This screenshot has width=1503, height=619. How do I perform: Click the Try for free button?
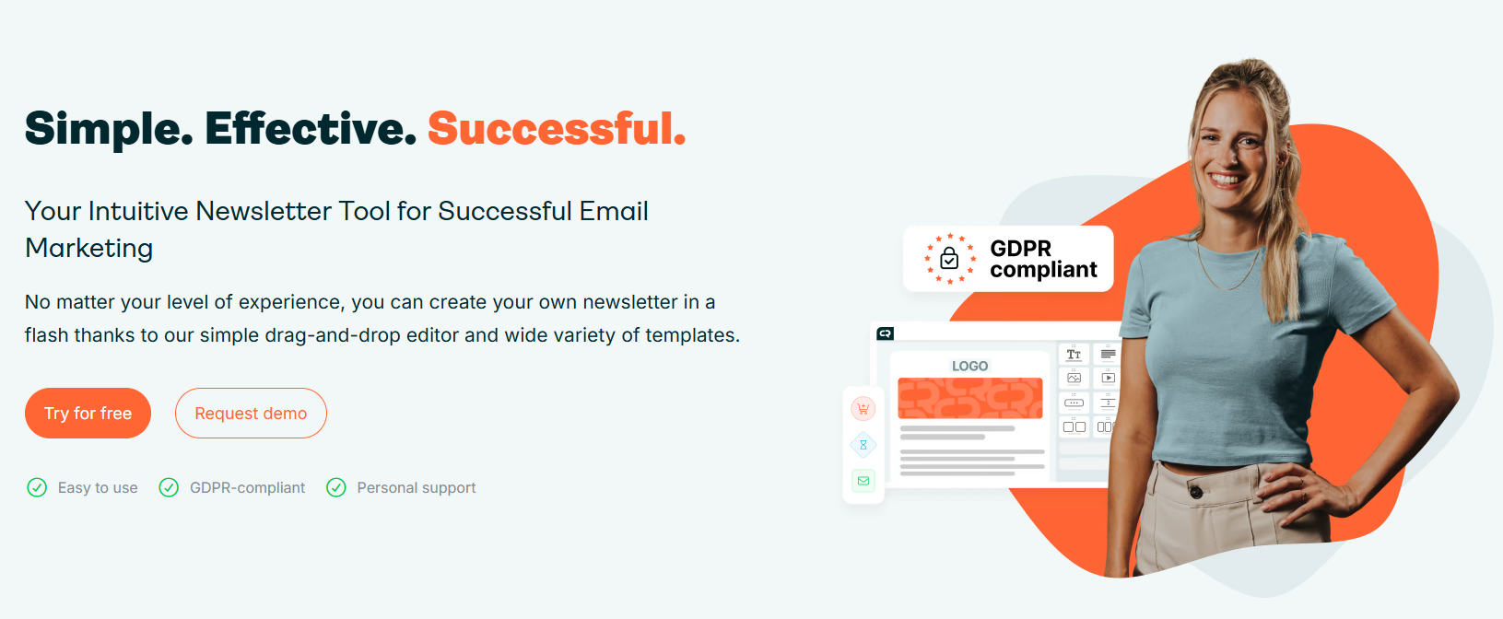[88, 413]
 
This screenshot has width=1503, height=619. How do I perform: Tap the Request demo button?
[251, 413]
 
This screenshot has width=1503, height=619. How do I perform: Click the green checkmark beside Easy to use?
[37, 487]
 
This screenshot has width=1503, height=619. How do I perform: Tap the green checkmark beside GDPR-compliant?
[169, 487]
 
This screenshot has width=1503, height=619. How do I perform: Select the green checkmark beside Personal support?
[336, 487]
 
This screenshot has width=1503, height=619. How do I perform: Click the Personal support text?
[416, 487]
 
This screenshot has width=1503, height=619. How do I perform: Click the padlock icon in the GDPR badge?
[949, 258]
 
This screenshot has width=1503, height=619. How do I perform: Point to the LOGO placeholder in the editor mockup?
[969, 366]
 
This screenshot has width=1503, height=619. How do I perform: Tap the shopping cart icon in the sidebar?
[863, 408]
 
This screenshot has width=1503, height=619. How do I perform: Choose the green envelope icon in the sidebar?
[863, 481]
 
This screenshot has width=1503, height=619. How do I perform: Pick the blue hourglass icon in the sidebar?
[863, 445]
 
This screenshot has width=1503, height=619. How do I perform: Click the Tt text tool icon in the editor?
[1074, 354]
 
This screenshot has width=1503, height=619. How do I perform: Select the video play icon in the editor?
[1108, 379]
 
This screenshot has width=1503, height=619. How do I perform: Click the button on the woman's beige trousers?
[1196, 493]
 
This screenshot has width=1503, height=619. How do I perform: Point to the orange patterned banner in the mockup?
[970, 398]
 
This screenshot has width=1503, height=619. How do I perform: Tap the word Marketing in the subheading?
[89, 249]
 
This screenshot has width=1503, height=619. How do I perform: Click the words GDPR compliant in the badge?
[1043, 259]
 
